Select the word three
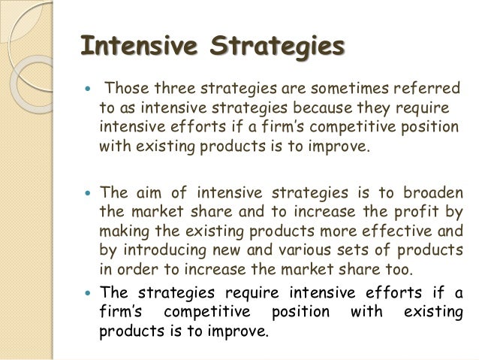tap(175, 89)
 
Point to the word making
tap(125, 232)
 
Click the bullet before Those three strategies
tap(88, 89)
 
